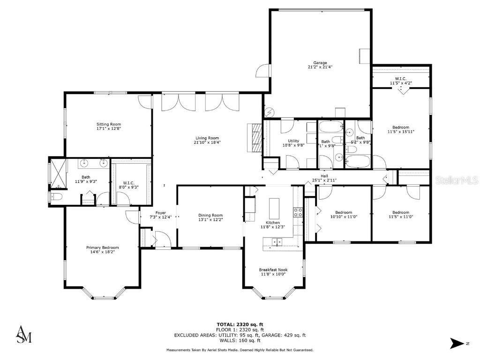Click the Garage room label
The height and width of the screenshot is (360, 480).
320,62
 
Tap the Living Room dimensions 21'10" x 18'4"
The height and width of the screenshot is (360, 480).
208,142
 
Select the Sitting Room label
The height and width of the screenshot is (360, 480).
109,124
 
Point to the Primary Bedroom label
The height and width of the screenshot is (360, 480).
102,247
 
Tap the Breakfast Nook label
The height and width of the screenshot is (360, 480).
273,270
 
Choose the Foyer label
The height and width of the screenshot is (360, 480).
161,212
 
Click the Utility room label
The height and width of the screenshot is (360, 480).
293,141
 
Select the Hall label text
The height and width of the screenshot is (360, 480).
324,176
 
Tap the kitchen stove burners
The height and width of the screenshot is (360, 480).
297,213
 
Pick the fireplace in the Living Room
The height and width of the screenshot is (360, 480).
255,138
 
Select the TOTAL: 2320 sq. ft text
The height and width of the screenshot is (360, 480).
240,324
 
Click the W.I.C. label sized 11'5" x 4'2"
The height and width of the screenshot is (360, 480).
400,79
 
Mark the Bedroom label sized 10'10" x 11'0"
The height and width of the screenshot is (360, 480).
341,212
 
